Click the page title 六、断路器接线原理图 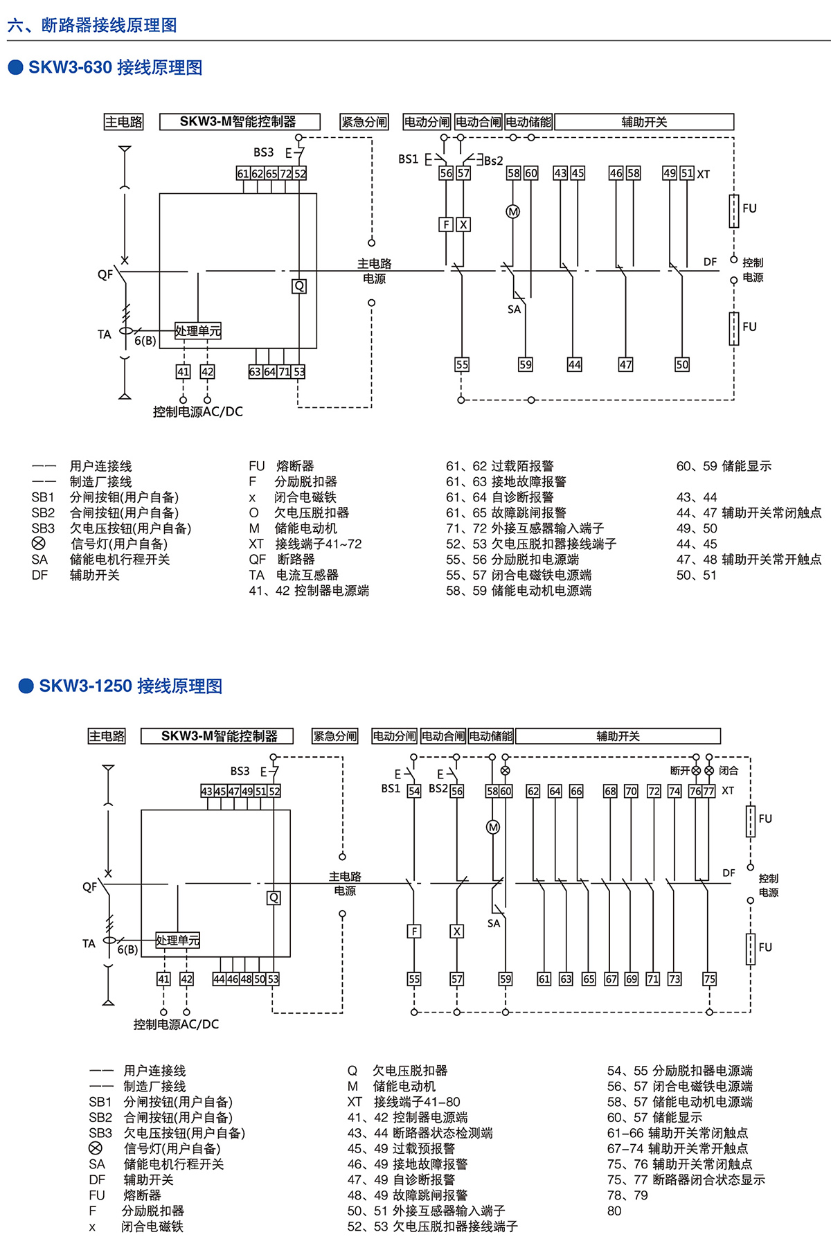pos(92,26)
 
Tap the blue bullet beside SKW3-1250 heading pos(26,686)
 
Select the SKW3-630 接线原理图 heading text pos(115,68)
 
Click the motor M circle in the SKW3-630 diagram pos(513,212)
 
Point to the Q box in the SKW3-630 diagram pos(299,286)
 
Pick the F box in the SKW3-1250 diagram pos(414,931)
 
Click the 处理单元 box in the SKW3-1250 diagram pos(177,940)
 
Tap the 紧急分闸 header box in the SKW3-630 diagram pos(364,122)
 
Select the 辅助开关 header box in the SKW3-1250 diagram pos(618,736)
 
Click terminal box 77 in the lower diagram pos(709,791)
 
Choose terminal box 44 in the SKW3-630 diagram pos(574,364)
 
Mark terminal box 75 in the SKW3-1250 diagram pos(709,979)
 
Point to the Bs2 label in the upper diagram pos(494,161)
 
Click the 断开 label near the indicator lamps pos(680,771)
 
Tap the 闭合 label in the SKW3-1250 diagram pos(729,771)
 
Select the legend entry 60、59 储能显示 pos(724,466)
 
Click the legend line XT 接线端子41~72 pos(305,544)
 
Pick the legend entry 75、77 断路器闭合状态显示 pos(686,1179)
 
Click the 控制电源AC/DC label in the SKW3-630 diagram pos(198,411)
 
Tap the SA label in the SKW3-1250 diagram pos(494,923)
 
